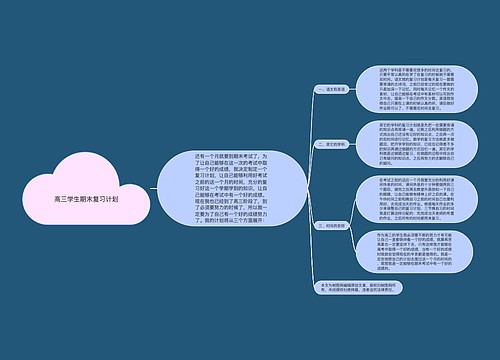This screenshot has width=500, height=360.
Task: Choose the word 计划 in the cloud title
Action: pyautogui.click(x=110, y=200)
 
